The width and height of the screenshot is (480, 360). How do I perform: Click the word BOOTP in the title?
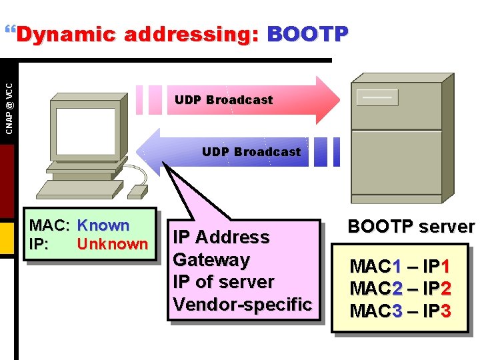click(307, 34)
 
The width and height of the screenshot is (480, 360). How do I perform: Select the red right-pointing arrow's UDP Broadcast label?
click(223, 100)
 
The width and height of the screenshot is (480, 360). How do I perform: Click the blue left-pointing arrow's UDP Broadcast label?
click(251, 152)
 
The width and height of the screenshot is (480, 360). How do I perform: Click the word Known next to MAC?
click(103, 226)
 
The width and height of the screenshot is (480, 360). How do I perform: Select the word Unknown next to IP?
click(112, 244)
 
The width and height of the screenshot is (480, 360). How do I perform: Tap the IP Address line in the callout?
click(221, 237)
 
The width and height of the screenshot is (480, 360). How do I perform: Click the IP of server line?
click(223, 282)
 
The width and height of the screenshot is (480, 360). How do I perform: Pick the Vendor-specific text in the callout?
click(242, 305)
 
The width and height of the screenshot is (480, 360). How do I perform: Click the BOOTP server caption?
click(411, 227)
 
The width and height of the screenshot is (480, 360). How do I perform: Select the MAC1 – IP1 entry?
click(401, 267)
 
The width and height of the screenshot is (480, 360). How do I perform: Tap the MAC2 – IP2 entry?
click(401, 289)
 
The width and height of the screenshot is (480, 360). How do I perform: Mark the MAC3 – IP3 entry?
click(401, 311)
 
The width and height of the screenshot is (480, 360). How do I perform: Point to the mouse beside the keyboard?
click(137, 191)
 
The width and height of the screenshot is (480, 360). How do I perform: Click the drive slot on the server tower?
click(377, 97)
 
